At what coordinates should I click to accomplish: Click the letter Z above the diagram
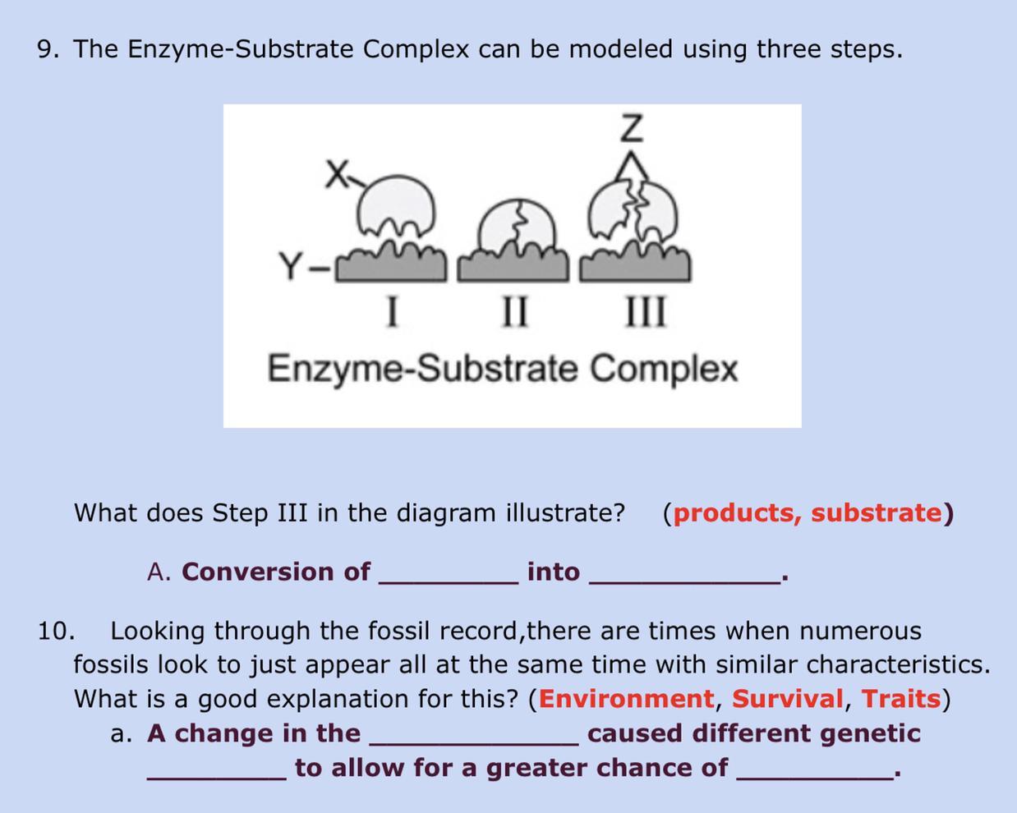(x=633, y=127)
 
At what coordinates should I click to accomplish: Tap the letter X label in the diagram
(x=338, y=174)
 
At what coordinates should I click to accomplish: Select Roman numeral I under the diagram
(x=392, y=311)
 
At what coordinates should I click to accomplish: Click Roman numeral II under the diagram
(x=514, y=311)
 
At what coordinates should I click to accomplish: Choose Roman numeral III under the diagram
(x=646, y=311)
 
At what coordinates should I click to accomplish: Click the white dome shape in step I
(x=395, y=205)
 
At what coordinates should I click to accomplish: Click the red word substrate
(x=877, y=513)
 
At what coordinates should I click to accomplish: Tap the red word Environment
(x=626, y=699)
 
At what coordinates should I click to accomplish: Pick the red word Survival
(x=788, y=699)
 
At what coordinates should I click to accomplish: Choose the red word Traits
(x=900, y=699)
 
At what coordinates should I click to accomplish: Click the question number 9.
(x=45, y=48)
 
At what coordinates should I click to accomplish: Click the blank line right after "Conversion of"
(x=449, y=584)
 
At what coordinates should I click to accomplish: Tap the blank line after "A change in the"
(x=474, y=745)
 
